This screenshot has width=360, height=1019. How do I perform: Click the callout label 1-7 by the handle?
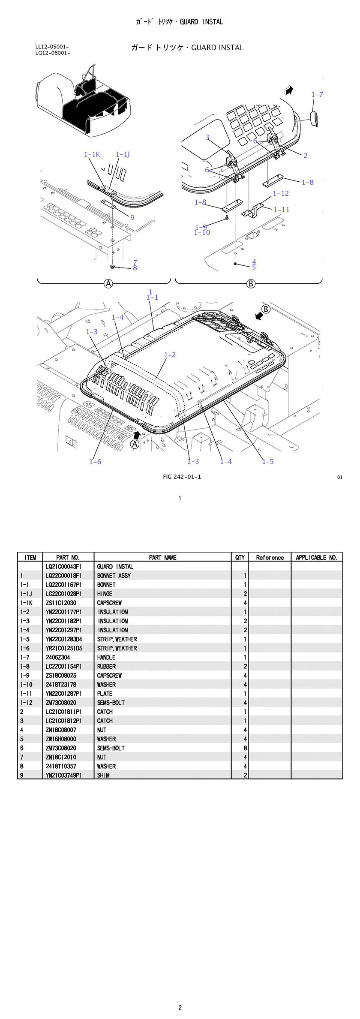[317, 94]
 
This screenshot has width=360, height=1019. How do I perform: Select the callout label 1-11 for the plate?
[282, 210]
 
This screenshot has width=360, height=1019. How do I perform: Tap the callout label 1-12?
[281, 193]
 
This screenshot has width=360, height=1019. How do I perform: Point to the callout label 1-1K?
[92, 154]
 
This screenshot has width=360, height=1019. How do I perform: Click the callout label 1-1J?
[123, 154]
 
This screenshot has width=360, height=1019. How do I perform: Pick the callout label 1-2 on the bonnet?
[170, 355]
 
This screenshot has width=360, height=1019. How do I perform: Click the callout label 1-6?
[95, 462]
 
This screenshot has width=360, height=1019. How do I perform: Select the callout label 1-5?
[268, 462]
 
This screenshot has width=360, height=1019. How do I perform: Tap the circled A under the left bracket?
[108, 283]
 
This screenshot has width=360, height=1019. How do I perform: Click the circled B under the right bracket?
[251, 283]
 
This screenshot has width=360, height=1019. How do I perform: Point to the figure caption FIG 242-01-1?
[182, 477]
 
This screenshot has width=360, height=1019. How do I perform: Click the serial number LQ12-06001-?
[53, 53]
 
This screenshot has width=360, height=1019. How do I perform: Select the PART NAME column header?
[162, 557]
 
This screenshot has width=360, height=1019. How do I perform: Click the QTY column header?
[240, 557]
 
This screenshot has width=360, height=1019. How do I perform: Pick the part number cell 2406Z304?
[57, 657]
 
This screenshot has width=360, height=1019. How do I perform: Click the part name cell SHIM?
[103, 775]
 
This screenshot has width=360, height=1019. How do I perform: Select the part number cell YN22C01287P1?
[63, 694]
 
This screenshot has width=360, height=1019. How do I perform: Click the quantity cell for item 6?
[245, 748]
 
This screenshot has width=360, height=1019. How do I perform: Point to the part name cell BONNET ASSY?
[114, 576]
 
